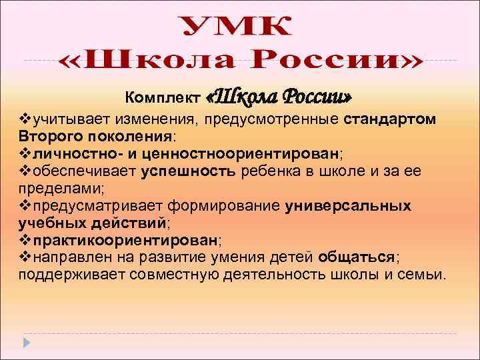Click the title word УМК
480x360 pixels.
[237, 29]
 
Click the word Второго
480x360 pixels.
[46, 136]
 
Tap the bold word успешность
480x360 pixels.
[189, 171]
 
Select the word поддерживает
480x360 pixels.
[71, 275]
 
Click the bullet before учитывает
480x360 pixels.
[24, 119]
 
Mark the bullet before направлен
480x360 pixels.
[24, 257]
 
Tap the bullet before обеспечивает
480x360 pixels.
[24, 171]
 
